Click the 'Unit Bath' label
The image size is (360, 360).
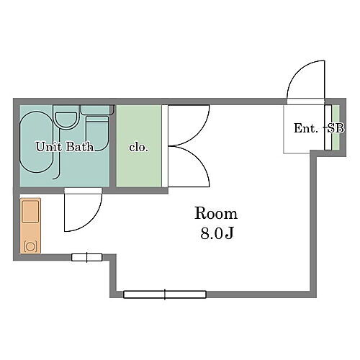coord(65,147)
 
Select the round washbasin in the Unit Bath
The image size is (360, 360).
coord(66,119)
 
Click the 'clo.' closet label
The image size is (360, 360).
coord(138,147)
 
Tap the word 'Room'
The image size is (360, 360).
coord(215,214)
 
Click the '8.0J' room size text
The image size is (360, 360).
coord(215,234)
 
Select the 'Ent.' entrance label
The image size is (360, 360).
coord(305,129)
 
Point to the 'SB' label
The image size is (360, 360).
coord(335,129)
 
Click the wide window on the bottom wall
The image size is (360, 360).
coord(165,294)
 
